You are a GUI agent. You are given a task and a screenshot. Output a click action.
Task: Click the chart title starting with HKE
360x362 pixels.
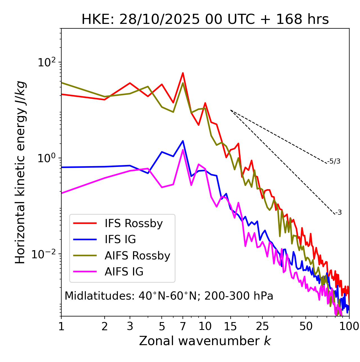pos(205,20)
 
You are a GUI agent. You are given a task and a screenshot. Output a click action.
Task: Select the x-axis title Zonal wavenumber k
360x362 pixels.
pos(205,341)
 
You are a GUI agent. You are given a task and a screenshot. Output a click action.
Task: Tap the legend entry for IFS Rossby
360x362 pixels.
pos(134,223)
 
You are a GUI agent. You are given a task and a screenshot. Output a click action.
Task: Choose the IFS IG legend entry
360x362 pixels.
pos(120,239)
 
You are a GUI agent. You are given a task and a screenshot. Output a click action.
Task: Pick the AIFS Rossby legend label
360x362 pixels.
pos(137,256)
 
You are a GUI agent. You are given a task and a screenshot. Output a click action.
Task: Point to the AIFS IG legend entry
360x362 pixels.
pos(124,272)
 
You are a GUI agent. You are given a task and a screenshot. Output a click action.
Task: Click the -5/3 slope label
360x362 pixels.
pos(334,161)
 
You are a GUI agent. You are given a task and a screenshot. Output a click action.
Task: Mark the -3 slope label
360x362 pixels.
pos(338,213)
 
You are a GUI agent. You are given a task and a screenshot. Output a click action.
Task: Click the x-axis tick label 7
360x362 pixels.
pos(183,326)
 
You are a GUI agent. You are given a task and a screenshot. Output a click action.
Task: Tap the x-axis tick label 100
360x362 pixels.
pos(349,326)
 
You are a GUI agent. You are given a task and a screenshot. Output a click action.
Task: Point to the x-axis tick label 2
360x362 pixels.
pos(105,326)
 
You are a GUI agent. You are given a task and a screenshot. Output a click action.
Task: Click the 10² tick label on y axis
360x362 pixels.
pos(46,62)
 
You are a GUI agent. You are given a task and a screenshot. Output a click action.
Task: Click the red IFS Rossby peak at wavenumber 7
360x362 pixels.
pos(183,73)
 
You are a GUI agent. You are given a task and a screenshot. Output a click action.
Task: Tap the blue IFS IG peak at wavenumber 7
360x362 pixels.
pos(183,141)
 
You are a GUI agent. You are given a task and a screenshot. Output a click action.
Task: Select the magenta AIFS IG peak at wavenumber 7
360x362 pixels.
pos(183,150)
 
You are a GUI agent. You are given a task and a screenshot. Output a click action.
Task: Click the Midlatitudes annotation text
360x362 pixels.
pos(169,296)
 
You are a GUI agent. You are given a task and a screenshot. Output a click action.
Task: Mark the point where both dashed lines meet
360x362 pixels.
pos(231,110)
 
